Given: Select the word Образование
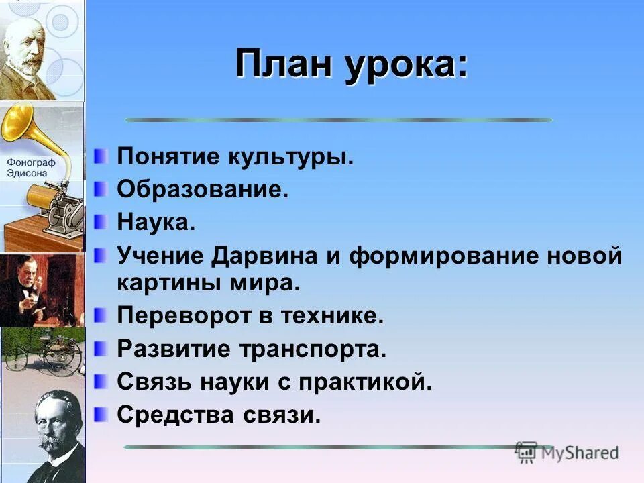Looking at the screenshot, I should [203, 189].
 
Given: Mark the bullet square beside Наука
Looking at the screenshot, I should [100, 221].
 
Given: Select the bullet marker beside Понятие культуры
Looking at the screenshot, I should [100, 156].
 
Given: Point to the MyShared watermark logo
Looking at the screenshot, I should [568, 452].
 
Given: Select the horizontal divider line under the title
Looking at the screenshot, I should [338, 120].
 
